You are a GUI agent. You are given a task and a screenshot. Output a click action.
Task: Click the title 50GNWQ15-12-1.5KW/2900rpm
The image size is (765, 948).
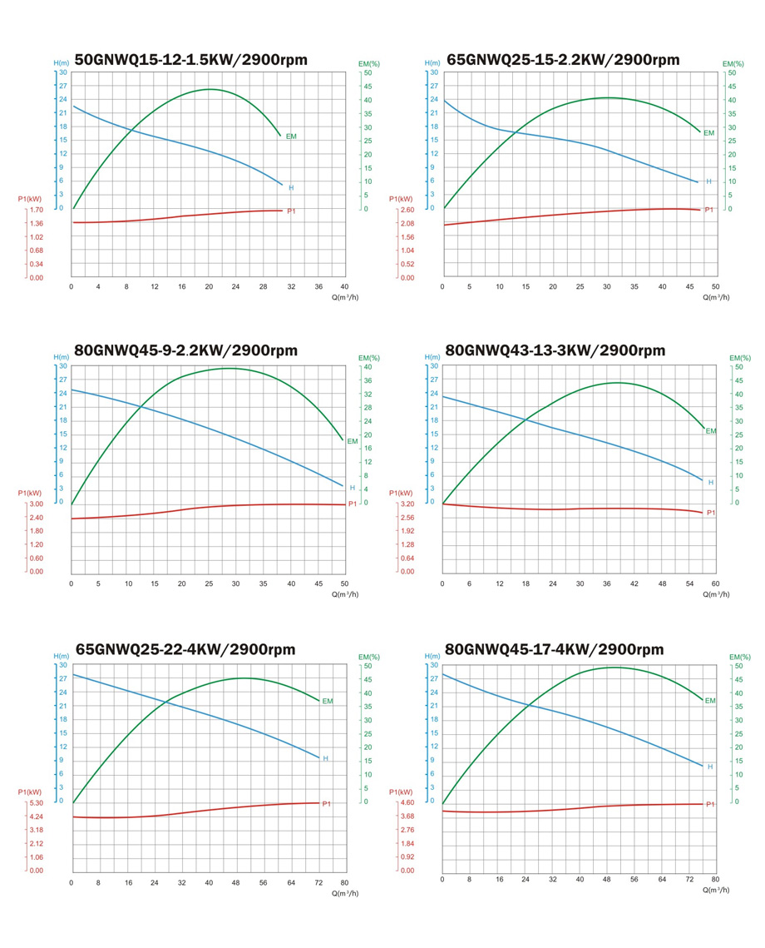(190, 60)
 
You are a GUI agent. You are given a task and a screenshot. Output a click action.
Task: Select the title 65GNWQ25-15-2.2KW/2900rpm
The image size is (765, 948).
(563, 60)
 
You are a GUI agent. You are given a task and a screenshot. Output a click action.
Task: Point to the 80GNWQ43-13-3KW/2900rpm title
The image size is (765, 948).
(555, 350)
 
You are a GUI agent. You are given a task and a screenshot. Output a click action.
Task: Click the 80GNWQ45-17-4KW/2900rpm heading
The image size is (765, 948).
(555, 649)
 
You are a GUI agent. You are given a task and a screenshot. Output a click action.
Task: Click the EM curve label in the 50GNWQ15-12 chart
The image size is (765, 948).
(291, 136)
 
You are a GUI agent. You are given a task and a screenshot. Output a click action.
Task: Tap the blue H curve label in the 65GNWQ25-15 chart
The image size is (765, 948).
(708, 181)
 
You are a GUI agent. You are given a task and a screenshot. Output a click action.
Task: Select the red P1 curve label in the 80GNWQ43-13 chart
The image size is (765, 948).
(711, 513)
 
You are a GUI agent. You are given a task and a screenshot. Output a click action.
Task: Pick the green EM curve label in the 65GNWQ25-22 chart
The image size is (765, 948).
(327, 702)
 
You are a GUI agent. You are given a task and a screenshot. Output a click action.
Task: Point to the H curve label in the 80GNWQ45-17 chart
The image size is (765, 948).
(709, 767)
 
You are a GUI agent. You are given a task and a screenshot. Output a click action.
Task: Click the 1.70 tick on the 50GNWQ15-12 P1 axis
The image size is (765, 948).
(36, 210)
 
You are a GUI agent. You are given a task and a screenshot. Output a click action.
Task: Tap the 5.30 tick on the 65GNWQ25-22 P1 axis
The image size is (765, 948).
(36, 803)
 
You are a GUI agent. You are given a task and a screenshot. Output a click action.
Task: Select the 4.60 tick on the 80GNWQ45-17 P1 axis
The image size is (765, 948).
(407, 803)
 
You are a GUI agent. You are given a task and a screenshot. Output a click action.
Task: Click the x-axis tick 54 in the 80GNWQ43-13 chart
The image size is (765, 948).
(689, 583)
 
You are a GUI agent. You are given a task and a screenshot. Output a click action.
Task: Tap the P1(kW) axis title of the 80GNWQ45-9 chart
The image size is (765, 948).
(30, 494)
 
